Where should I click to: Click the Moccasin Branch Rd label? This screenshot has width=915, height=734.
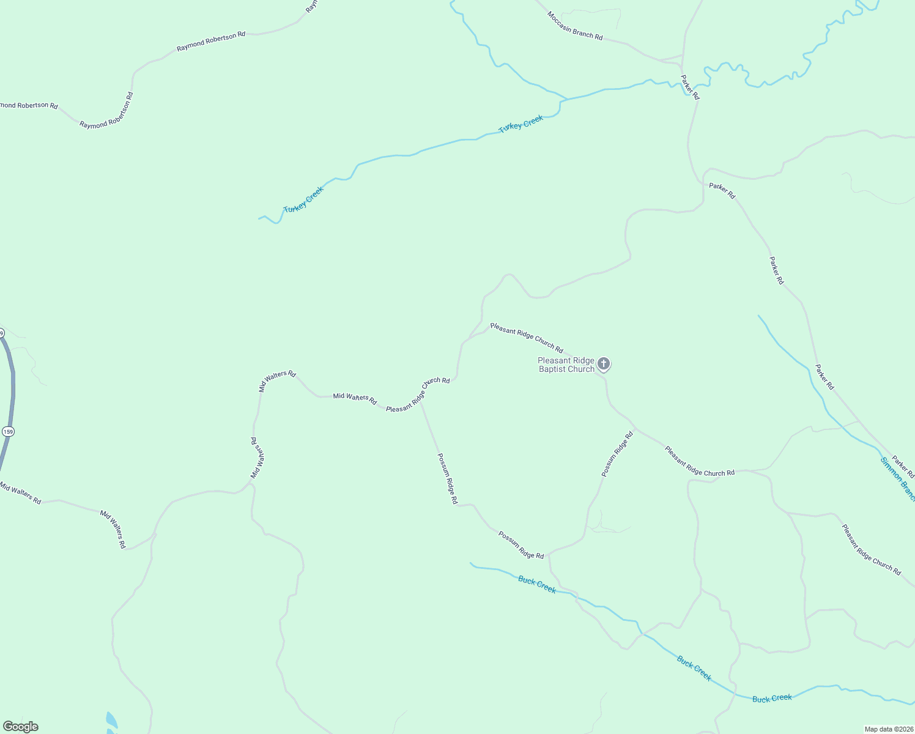(574, 26)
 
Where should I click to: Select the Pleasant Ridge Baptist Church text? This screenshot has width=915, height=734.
(566, 365)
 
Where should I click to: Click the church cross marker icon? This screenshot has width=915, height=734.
(603, 365)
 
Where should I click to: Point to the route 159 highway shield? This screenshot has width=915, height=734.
(7, 431)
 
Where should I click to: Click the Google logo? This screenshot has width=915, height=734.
(20, 727)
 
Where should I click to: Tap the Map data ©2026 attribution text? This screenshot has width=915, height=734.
(887, 729)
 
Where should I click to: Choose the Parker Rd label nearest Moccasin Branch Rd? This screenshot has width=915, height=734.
(690, 87)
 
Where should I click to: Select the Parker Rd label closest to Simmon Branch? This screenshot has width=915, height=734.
(903, 466)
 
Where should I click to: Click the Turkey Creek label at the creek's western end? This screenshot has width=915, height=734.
(303, 199)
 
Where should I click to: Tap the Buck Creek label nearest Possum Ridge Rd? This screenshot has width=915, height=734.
(537, 584)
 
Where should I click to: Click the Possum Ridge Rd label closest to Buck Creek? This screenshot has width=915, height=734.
(520, 544)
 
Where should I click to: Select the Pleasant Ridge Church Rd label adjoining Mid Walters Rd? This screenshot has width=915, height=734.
(418, 395)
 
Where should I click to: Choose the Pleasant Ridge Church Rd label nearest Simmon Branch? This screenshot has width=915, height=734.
(871, 549)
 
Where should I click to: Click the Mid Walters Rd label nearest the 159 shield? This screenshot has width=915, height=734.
(20, 493)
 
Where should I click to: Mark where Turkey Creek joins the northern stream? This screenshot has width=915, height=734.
(565, 99)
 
